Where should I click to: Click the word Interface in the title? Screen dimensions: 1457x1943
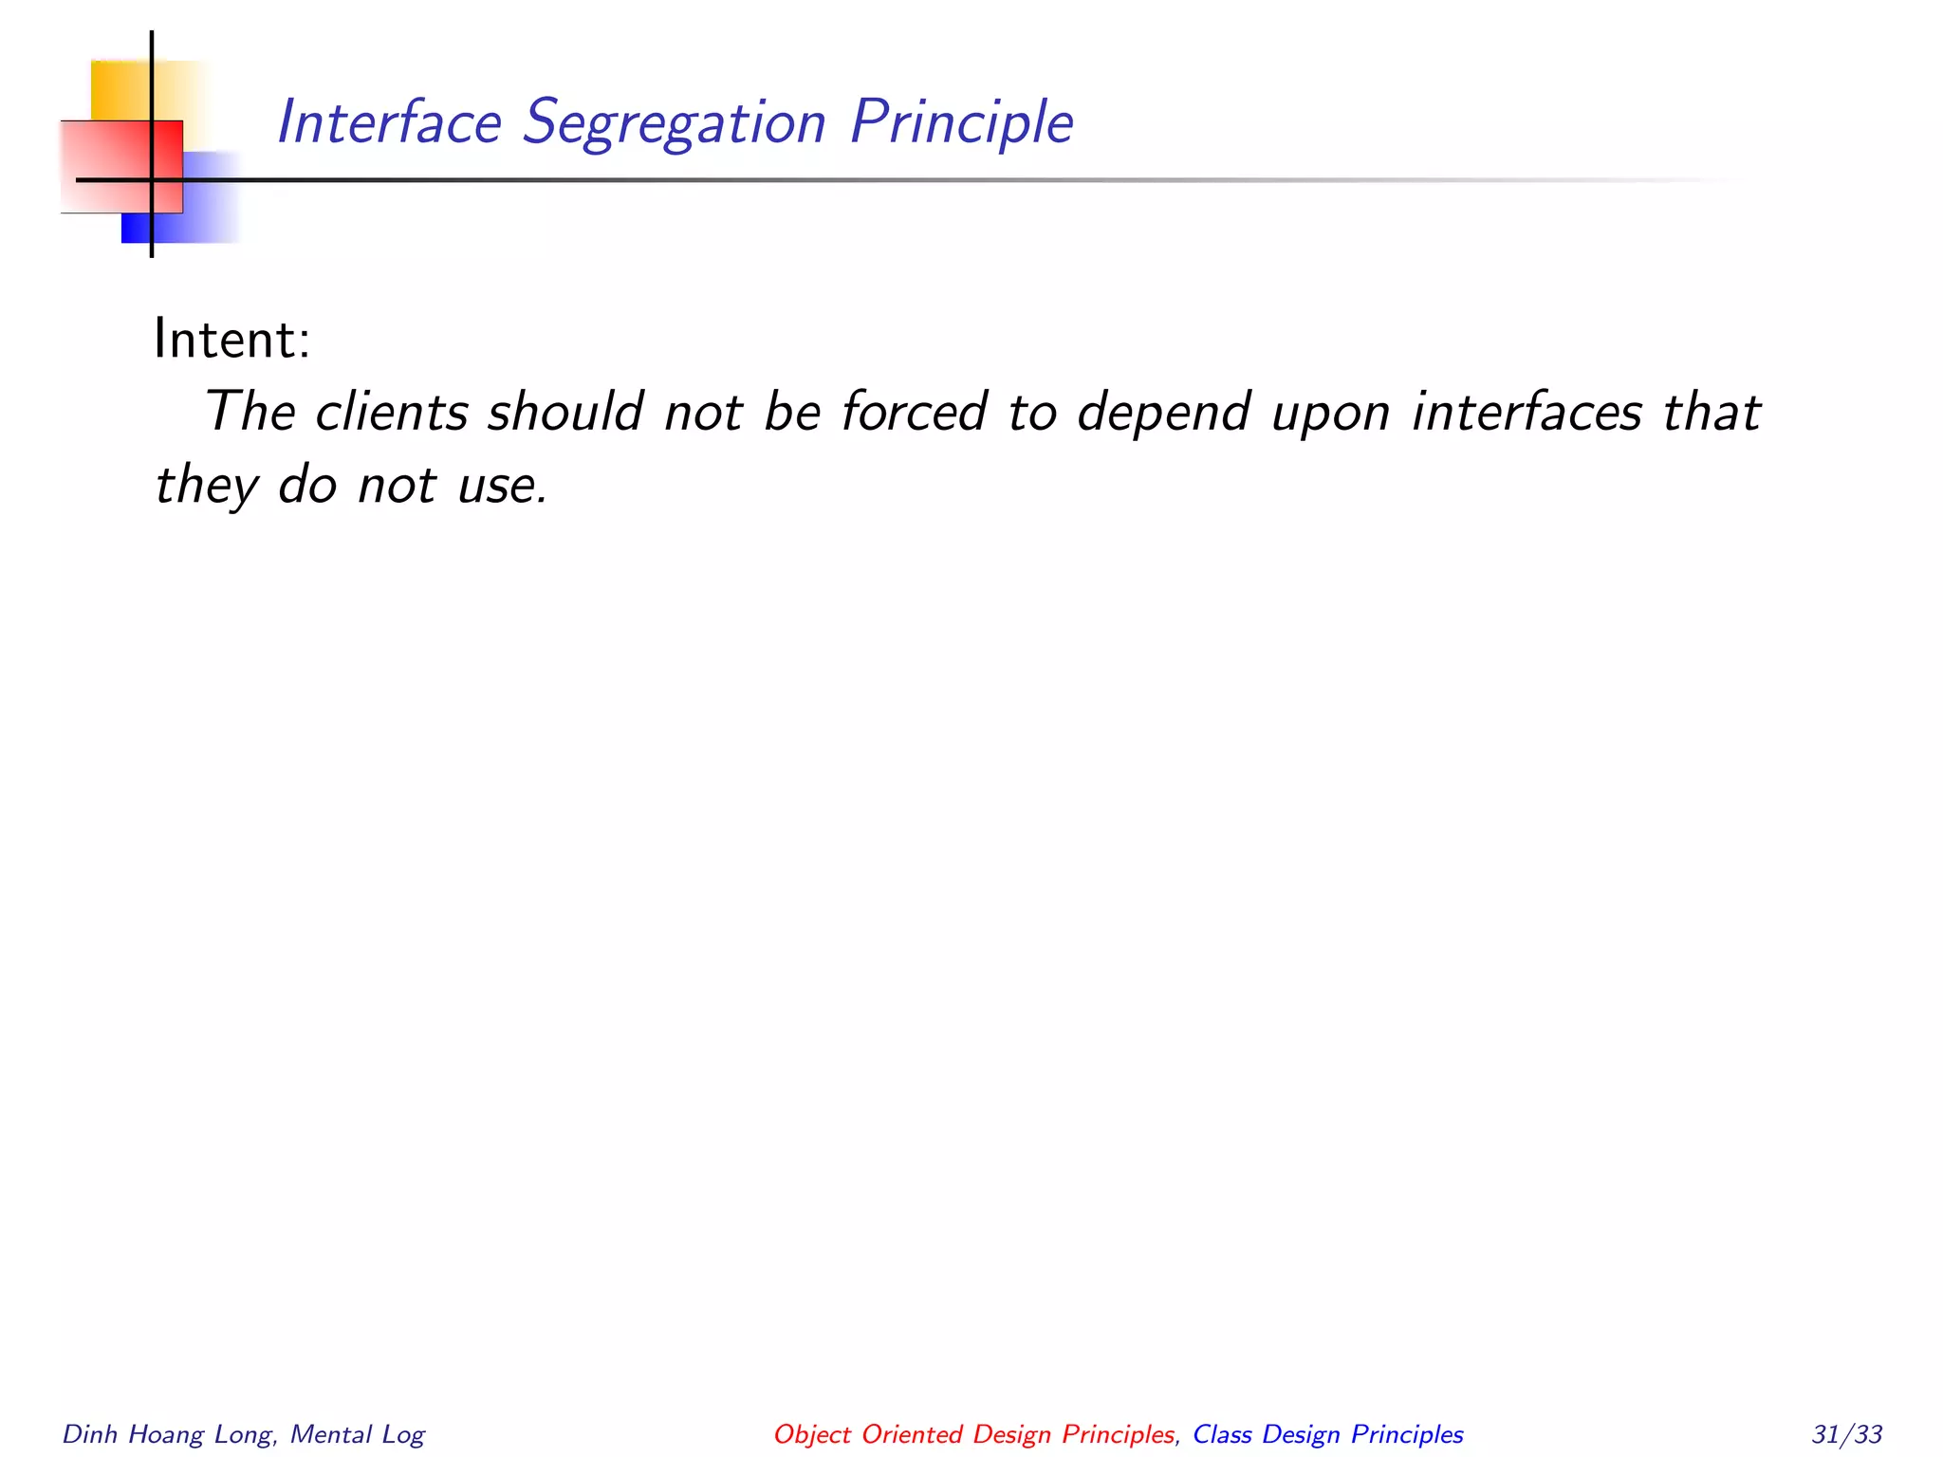pos(389,122)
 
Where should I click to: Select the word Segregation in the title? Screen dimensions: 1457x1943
pos(675,124)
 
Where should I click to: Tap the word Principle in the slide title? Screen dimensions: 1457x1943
pos(961,124)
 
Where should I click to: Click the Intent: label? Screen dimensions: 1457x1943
pos(232,340)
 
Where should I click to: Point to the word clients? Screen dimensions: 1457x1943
pos(392,412)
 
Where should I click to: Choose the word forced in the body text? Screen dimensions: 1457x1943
pos(915,412)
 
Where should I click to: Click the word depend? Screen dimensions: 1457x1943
pos(1163,414)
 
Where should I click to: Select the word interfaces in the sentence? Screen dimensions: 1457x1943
pos(1527,412)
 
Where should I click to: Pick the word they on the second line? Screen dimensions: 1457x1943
pos(206,486)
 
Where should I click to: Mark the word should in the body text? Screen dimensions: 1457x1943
pos(565,412)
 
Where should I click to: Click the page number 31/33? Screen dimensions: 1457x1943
pos(1846,1433)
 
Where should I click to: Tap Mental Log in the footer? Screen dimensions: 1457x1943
pos(358,1434)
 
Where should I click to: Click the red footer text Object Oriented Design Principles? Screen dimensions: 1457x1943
pos(974,1434)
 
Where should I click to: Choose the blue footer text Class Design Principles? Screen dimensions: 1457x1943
pos(1327,1434)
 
